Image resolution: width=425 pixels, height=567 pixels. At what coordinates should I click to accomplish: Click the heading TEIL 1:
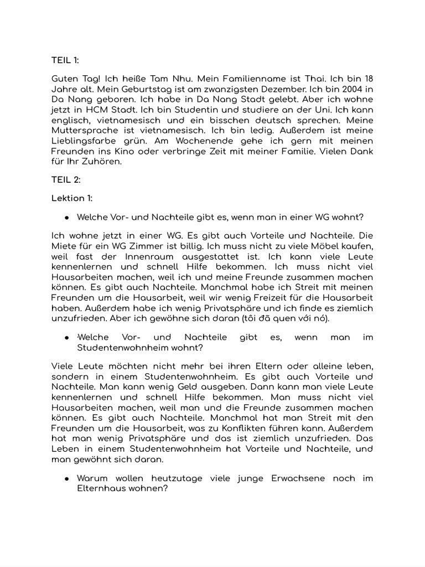coord(65,60)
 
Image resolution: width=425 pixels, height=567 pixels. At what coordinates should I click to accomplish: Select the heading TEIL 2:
coord(66,179)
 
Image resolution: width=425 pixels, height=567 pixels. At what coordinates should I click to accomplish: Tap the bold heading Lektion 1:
coord(72,198)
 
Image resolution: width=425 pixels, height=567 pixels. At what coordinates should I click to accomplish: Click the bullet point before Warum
coord(66,478)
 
